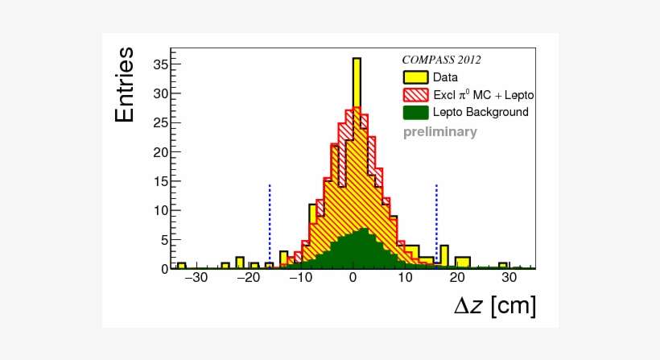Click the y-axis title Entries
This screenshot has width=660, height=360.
coord(125,85)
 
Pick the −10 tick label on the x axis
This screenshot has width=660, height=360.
coord(299,278)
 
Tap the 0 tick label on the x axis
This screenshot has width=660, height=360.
coord(353,278)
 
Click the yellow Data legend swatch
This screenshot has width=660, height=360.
coord(415,77)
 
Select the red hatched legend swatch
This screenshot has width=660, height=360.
coord(415,95)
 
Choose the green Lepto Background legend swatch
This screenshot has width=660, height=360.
coord(415,112)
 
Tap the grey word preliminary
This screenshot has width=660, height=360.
coord(439,132)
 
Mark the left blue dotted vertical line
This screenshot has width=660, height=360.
coord(270,226)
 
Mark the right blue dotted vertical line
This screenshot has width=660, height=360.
coord(436,226)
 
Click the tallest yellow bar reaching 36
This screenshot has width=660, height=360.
coord(357,81)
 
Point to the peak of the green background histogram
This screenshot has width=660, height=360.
coord(363,232)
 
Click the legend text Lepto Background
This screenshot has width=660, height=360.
coord(481,112)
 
